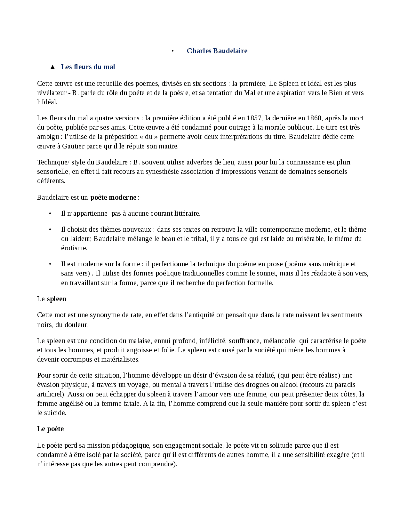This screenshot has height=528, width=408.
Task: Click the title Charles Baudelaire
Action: [217, 51]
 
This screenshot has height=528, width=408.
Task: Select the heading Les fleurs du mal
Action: [88, 67]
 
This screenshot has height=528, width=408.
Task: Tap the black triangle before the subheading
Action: [52, 67]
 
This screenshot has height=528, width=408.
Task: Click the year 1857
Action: [254, 118]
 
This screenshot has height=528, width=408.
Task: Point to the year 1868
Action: [314, 118]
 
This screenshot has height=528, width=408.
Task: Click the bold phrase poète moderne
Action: [113, 197]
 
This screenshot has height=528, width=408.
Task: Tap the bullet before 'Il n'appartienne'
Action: [50, 213]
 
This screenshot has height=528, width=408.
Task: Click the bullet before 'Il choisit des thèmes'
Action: [50, 229]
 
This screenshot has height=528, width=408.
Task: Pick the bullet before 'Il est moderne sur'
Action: [50, 264]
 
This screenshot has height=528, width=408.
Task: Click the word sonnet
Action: [266, 273]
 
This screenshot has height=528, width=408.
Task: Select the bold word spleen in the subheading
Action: [57, 299]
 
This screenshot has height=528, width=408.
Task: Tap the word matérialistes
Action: [120, 359]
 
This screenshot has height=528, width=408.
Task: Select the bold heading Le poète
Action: [51, 429]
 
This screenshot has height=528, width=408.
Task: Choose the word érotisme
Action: [74, 248]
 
